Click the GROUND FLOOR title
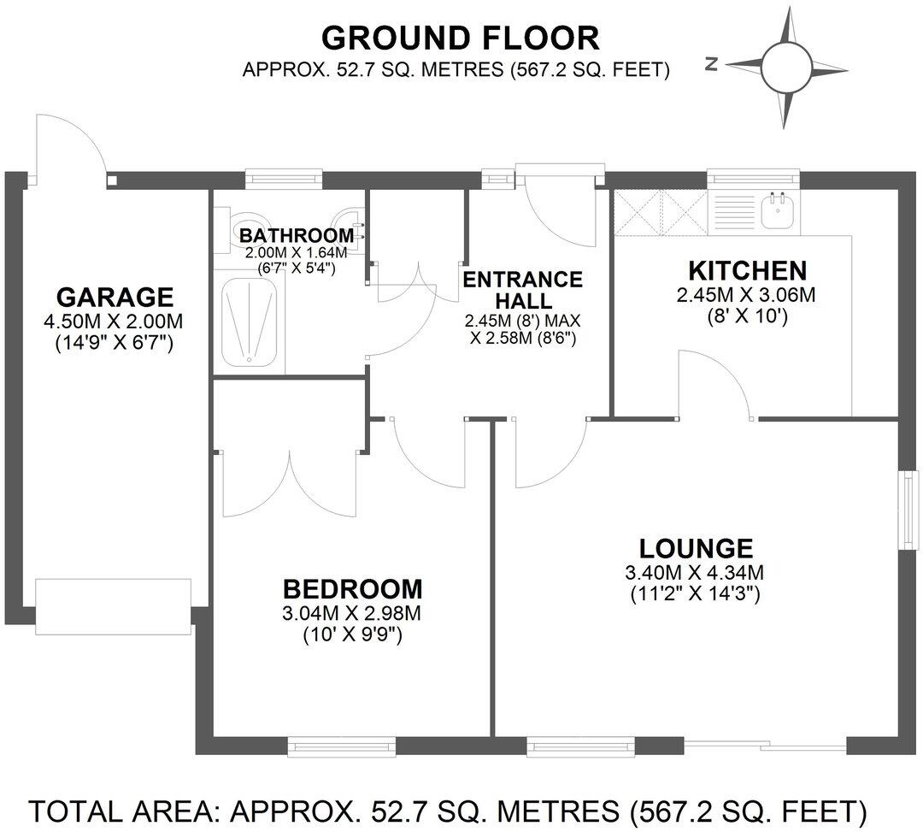(460, 38)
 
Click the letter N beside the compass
(711, 64)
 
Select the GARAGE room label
(115, 298)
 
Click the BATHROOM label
(296, 235)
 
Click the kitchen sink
(779, 209)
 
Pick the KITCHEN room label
(748, 271)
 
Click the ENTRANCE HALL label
(522, 290)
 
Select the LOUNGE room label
(697, 547)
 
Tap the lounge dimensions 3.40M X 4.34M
(697, 572)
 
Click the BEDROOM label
(352, 589)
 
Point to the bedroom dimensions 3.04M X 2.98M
(352, 613)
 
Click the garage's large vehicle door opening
(112, 606)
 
